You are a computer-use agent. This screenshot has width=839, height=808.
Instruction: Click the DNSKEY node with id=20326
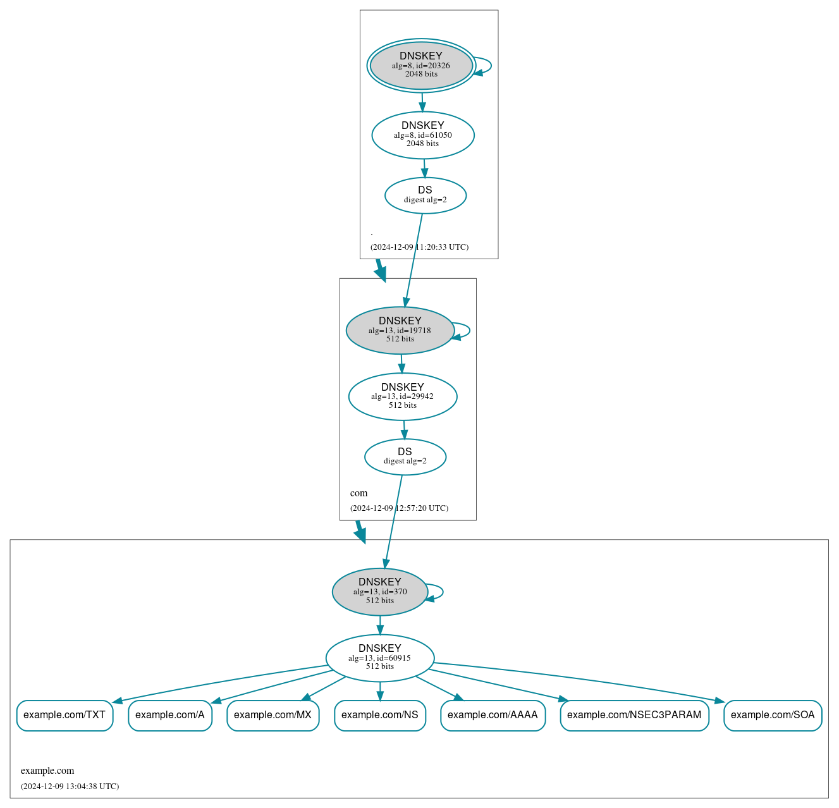421,65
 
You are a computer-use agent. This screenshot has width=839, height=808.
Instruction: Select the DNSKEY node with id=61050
423,135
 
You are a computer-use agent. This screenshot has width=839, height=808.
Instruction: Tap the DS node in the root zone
426,195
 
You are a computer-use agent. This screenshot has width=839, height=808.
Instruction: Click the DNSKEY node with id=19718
400,330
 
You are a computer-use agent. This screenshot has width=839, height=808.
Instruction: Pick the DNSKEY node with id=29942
403,396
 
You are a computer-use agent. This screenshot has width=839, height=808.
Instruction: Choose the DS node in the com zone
405,456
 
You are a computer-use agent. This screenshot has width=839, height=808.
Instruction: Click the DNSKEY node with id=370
380,592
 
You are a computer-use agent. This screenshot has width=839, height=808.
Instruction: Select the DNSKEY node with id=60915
380,658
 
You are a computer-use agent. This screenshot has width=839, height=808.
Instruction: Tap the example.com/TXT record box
64,715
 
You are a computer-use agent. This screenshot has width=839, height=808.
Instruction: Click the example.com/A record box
170,715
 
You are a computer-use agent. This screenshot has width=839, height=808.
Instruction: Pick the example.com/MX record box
273,715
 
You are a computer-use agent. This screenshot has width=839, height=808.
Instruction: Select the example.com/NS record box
380,715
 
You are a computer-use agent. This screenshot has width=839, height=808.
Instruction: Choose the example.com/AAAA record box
493,715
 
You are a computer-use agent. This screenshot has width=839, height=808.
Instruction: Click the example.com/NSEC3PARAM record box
634,715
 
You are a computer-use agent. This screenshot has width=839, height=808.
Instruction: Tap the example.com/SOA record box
773,715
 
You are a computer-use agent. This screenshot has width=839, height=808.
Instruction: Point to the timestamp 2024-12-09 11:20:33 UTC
419,247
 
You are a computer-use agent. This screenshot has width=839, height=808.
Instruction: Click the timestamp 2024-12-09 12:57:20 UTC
399,508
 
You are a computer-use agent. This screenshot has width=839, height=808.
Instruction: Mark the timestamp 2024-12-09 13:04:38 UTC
70,787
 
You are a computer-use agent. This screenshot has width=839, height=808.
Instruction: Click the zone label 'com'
358,493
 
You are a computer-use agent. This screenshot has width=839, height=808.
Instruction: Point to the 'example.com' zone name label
47,771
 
